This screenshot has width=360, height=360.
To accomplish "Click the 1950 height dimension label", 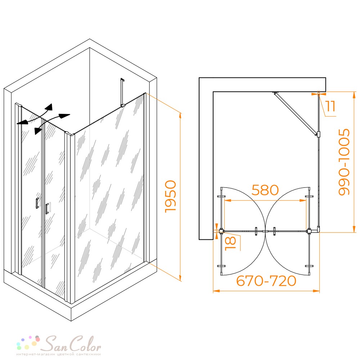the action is pos(171,196).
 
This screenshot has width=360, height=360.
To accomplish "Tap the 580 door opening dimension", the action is pos(265,190).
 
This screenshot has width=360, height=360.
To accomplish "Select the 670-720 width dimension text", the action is pos(266,281).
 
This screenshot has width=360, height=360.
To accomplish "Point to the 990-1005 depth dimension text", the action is pos(344,162).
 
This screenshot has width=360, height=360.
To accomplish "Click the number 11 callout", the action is pos(330,106).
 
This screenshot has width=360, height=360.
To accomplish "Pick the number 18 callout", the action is pos(230,243).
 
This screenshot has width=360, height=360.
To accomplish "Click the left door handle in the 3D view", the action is pos(37,203).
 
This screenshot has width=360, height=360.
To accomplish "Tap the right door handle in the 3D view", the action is pos(47,208).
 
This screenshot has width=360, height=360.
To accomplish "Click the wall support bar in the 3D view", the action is pos(122,93).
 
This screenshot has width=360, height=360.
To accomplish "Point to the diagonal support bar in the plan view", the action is pos(295,114).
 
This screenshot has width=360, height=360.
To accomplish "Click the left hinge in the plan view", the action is pos(221,231).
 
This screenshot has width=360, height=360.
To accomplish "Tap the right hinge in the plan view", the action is pos(309,231).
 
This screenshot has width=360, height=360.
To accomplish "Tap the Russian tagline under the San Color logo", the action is pos(59,354).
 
